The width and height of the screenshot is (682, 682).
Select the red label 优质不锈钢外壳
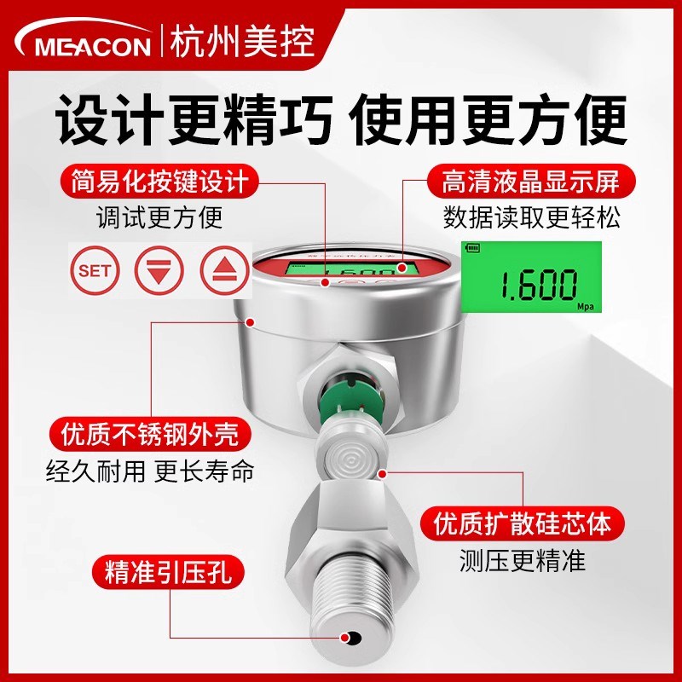click(x=150, y=435)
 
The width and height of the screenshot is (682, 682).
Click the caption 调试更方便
click(x=159, y=218)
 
